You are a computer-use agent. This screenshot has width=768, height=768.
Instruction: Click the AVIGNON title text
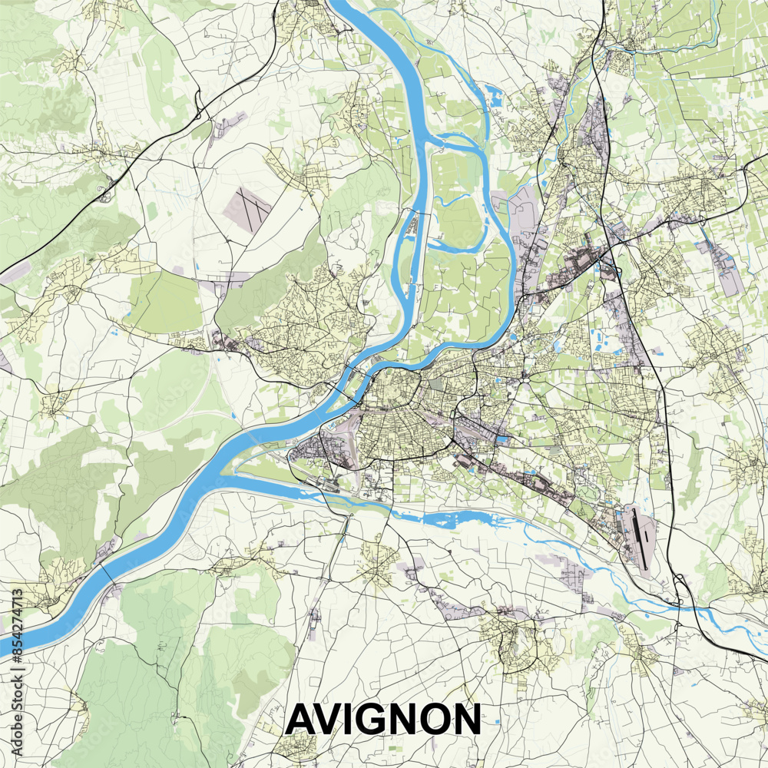click(x=383, y=720)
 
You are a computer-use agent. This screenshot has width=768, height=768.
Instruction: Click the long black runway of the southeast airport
click(x=641, y=537)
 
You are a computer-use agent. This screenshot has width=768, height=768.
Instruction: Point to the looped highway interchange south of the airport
click(x=680, y=591)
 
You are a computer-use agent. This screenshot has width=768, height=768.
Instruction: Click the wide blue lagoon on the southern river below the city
click(x=445, y=518)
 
